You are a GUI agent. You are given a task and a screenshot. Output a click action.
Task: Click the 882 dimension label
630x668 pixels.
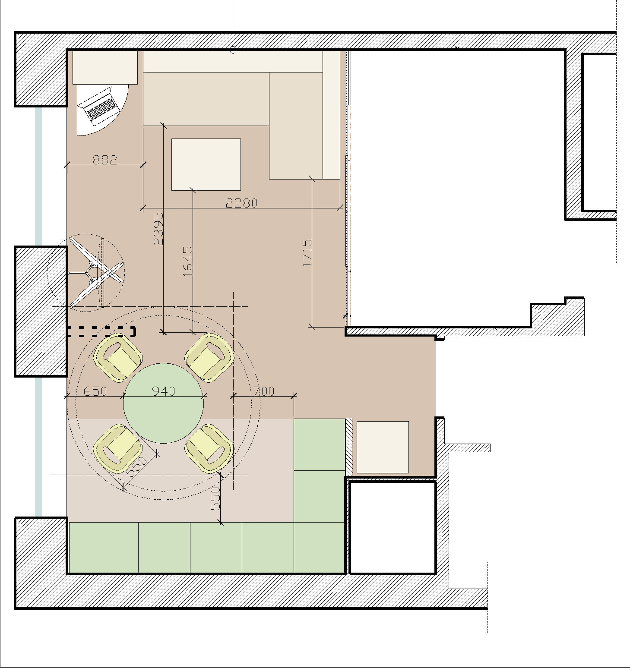point(105,160)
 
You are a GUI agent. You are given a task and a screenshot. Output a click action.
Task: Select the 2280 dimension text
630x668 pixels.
point(242,203)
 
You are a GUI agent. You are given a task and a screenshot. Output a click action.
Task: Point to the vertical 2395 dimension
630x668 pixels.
point(158,228)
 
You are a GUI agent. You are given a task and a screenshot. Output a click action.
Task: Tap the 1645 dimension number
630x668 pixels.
point(188,261)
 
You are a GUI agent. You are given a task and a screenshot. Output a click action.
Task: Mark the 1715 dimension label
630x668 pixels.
point(307,253)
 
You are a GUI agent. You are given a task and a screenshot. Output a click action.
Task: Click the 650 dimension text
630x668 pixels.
point(95,391)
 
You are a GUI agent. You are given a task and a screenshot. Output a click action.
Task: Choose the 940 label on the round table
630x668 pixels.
point(164,391)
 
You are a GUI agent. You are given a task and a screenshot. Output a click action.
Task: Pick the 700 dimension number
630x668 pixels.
point(264,391)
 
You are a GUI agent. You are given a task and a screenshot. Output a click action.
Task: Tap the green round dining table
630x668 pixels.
point(164,403)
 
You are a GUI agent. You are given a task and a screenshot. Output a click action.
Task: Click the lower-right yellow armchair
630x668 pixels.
point(209,448)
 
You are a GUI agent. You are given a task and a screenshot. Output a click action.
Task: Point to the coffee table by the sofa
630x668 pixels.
point(206,164)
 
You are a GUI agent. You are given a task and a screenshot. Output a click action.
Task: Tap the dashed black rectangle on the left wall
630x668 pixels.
point(101,331)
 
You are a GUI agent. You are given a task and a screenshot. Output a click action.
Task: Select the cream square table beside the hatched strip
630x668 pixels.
point(383,447)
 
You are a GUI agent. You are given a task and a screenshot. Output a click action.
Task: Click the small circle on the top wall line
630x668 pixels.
point(233,50)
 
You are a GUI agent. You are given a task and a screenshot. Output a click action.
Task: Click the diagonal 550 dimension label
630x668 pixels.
point(138,466)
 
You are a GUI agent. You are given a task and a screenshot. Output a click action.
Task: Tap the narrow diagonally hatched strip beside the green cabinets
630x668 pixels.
point(349,447)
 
